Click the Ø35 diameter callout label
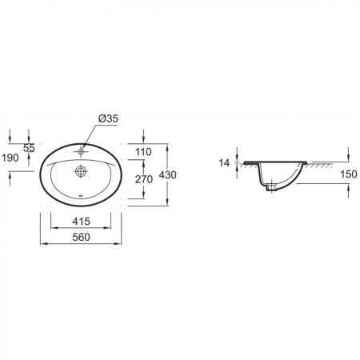tap(108, 118)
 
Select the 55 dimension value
tap(29, 148)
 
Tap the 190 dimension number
tap(10, 158)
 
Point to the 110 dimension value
tap(143, 152)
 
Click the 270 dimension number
tap(144, 179)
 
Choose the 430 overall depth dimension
tap(168, 175)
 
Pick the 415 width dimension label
tap(81, 222)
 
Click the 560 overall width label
tap(81, 237)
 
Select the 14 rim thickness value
tap(224, 162)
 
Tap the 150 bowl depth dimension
tap(349, 174)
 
